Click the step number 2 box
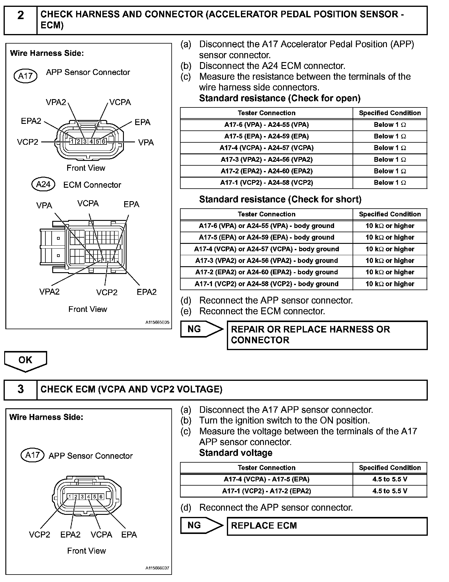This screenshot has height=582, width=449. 20,20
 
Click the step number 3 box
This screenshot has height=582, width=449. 20,389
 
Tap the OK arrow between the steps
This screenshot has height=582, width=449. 25,360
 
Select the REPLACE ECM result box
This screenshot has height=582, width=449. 327,526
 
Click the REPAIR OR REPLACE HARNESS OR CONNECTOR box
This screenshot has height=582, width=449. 327,335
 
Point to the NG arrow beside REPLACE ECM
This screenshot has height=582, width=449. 201,525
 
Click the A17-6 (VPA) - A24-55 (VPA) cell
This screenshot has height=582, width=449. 266,125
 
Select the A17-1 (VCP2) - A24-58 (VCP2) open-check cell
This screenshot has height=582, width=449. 266,183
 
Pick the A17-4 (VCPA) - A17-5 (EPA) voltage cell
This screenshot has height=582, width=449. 266,479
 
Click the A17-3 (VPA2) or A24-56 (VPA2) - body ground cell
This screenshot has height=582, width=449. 266,261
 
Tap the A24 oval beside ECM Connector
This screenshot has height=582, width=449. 43,184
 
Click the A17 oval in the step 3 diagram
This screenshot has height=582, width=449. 33,455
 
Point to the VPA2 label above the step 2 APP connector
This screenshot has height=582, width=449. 56,102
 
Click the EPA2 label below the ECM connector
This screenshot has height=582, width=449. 147,292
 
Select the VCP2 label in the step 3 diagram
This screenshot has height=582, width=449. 40,535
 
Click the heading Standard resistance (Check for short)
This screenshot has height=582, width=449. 280,199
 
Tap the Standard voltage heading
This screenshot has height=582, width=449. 236,453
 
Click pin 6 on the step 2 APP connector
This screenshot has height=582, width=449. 104,141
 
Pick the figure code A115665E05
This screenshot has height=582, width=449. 157,322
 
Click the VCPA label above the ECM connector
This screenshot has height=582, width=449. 88,204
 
